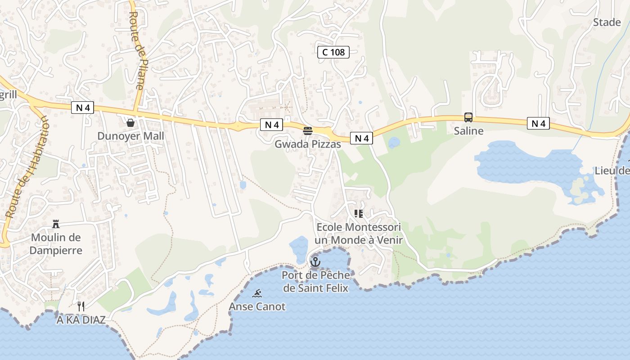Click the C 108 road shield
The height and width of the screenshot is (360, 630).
333,52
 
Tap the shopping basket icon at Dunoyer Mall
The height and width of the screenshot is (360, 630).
130,122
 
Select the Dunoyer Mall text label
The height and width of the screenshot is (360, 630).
130,136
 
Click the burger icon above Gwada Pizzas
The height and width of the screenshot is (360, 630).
308,131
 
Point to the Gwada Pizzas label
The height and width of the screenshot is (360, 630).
308,144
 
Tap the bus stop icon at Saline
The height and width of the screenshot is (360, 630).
468,117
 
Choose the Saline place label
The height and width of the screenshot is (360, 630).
468,131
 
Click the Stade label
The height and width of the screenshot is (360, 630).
607,22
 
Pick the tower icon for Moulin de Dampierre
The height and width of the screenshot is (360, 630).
56,224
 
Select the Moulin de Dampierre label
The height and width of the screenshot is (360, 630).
56,243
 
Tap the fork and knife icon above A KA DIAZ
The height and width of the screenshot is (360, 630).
81,306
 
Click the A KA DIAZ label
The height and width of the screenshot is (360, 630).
81,320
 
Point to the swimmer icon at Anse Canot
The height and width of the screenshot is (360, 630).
257,293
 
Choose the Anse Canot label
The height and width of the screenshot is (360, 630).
257,307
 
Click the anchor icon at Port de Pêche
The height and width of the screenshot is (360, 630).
315,261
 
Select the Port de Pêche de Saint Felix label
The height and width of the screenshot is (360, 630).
315,281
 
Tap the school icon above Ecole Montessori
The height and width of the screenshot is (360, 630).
358,213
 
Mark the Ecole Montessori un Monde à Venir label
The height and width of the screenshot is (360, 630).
358,234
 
